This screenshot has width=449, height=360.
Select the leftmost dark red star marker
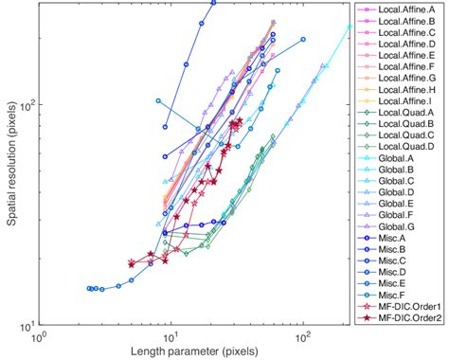[x=132, y=263]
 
